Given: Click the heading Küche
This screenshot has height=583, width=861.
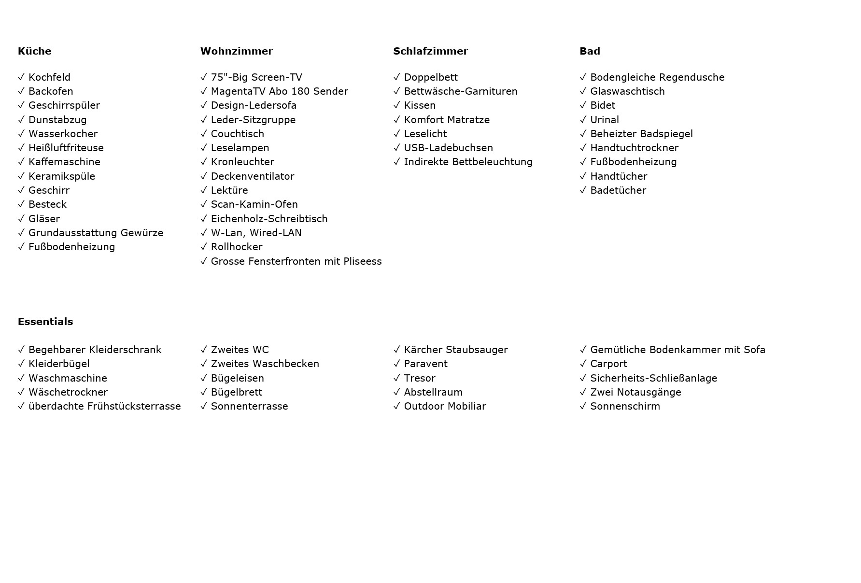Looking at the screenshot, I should point(34,51).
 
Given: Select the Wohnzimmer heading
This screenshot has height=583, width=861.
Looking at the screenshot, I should point(236,51).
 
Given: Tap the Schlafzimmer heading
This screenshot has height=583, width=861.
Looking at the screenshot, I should point(430,51).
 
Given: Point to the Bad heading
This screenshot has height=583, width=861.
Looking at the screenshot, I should point(590,51).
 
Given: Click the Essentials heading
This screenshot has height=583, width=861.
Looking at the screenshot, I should point(45,322).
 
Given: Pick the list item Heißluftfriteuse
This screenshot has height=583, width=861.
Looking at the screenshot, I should point(66,148).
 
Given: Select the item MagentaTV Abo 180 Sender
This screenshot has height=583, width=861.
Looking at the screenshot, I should point(279,91).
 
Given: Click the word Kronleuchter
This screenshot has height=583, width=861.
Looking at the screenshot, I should point(242,162).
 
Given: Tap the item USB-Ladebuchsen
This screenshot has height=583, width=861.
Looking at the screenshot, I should point(448,148).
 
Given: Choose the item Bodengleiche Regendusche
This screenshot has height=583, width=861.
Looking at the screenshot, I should point(657,77).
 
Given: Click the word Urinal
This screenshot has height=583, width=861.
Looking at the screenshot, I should point(604,120).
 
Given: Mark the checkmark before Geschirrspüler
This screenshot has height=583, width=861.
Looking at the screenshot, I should point(21,105).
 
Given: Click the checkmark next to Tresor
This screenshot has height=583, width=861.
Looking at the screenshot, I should point(397,378).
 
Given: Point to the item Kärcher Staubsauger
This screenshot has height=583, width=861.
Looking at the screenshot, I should point(455,350).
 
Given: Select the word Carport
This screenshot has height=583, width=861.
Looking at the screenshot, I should point(608,364).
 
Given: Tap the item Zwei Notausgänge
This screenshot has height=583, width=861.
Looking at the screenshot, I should point(635,392).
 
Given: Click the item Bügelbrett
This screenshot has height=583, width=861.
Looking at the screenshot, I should point(237,392).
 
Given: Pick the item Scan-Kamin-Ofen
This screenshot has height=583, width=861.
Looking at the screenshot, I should point(254,204).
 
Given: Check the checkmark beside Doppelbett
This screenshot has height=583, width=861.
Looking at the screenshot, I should point(397,77).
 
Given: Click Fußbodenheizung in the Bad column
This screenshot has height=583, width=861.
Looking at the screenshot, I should point(633,162).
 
